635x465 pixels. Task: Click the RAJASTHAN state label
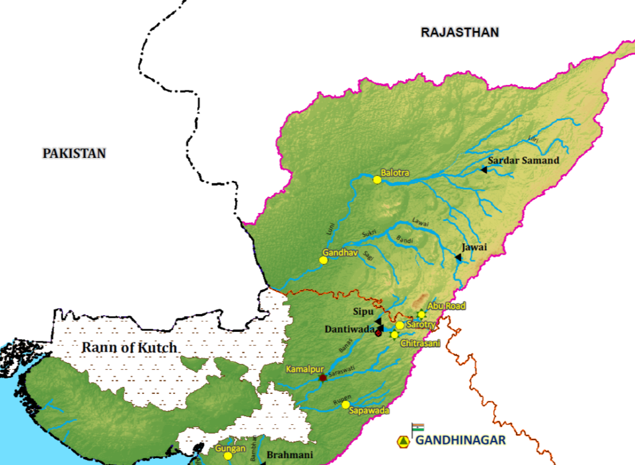tap(460, 32)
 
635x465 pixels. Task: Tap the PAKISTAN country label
tap(74, 153)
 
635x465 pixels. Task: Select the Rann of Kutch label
tap(129, 347)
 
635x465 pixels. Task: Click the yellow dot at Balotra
tap(377, 180)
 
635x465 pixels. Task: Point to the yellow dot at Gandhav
tap(323, 260)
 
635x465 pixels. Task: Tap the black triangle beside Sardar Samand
tap(483, 169)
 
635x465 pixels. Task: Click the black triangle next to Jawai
tap(458, 257)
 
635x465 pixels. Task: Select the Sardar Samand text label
tap(523, 160)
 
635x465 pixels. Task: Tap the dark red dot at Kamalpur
tap(322, 378)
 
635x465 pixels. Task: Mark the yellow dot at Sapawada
tap(345, 404)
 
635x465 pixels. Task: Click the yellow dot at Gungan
tap(228, 456)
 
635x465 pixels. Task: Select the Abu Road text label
tap(446, 306)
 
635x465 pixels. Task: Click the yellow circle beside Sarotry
tap(400, 325)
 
